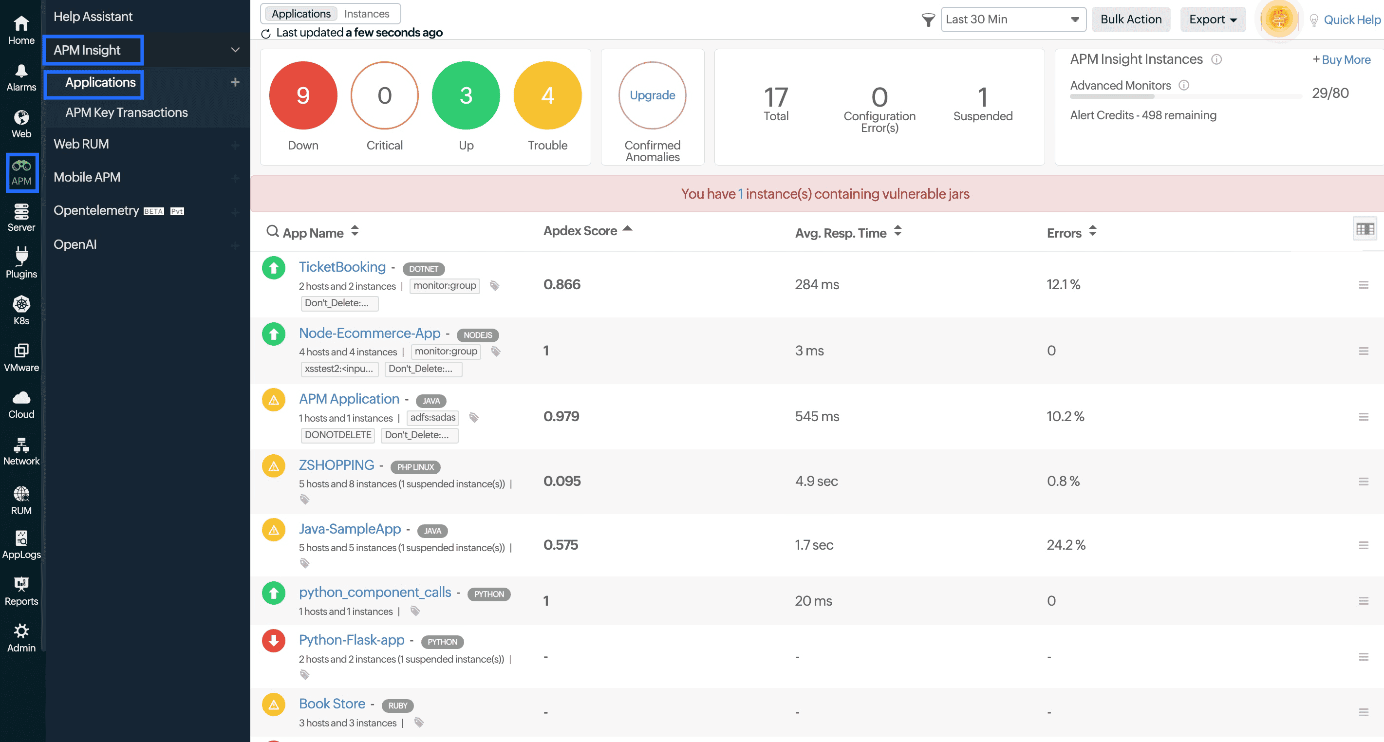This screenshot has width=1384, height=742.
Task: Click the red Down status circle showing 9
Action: coord(303,95)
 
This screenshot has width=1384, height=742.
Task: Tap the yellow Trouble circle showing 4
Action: coord(547,95)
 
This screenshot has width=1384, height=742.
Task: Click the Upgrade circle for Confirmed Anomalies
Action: coord(652,95)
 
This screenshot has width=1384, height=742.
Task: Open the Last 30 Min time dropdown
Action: coord(1013,19)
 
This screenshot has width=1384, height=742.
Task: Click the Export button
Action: coord(1212,19)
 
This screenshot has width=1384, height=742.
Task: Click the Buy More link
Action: coord(1341,59)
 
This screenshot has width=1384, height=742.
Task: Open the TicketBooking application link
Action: coord(342,266)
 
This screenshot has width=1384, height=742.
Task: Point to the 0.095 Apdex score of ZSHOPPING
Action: coord(562,481)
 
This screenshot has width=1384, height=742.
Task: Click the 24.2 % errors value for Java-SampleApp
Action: coord(1066,545)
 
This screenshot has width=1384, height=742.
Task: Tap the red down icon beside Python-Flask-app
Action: coord(274,640)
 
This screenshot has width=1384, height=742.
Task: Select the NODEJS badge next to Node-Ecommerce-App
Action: coord(477,335)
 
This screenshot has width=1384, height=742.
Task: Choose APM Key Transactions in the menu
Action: coord(126,112)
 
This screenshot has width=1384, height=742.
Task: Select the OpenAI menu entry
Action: coord(75,244)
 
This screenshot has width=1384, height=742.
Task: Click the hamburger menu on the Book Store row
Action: coord(1363,712)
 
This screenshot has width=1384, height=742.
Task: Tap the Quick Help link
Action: coord(1351,20)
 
